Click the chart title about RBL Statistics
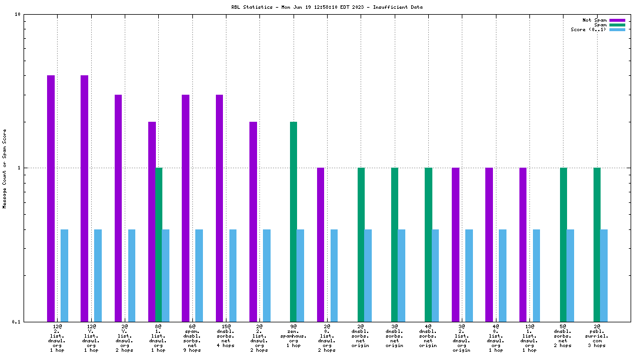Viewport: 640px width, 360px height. (318, 8)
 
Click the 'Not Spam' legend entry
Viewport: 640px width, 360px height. (594, 20)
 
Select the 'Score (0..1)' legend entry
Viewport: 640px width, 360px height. (588, 29)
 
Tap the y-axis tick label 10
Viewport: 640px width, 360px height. (18, 14)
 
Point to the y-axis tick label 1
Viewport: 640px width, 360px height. (19, 168)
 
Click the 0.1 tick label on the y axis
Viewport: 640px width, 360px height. (16, 322)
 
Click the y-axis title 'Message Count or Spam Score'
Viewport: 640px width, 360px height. (5, 169)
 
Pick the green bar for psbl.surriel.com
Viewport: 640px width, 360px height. (597, 244)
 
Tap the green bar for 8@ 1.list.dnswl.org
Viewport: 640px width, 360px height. (159, 244)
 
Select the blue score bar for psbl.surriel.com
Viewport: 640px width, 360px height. (604, 275)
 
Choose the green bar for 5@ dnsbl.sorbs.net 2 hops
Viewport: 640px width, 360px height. (564, 244)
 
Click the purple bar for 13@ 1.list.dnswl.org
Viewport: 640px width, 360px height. (523, 244)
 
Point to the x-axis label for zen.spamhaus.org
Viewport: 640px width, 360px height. (294, 338)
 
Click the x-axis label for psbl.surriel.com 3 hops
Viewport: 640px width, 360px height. (597, 338)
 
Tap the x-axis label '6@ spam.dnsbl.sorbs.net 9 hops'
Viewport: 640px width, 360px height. (192, 338)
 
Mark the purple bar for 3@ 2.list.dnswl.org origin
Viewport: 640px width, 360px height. (455, 244)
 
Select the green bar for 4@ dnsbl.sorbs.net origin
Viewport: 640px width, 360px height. (428, 244)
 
